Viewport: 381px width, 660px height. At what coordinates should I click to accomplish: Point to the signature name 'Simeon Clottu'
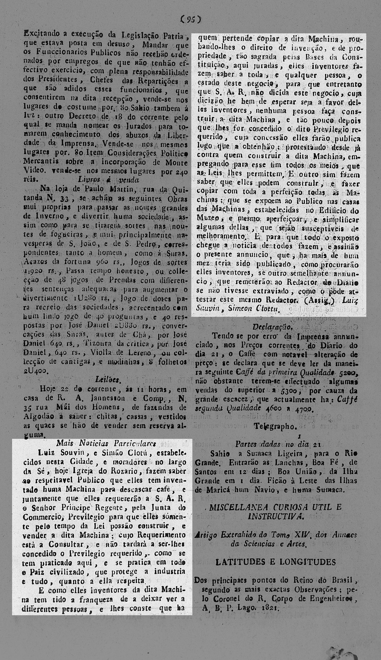(254, 309)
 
